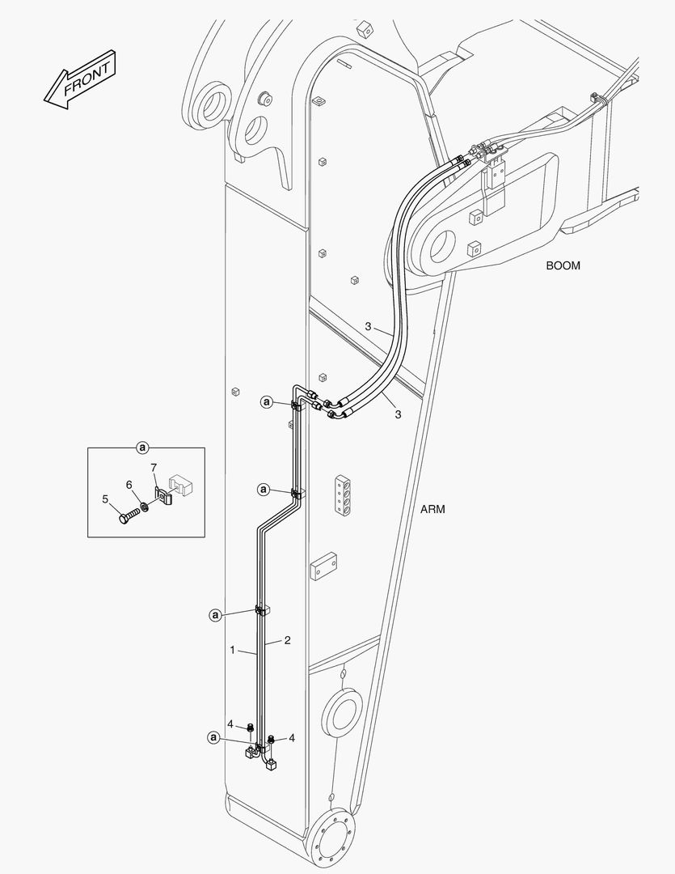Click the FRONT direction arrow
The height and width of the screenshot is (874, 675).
[80, 78]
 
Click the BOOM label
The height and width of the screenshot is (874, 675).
[563, 265]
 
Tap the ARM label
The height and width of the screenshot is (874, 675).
[432, 510]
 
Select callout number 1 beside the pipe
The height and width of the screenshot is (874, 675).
[232, 650]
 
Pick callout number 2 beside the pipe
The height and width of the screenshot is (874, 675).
[287, 640]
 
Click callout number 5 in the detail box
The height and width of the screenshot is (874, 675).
[105, 499]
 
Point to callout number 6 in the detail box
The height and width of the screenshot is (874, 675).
[129, 484]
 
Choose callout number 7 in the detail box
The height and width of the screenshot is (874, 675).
[153, 467]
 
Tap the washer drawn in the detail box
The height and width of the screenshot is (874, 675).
[144, 507]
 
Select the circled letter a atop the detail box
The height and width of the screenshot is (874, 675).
[142, 447]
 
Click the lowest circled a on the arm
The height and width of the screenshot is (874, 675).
[213, 737]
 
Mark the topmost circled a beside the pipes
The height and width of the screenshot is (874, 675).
[266, 401]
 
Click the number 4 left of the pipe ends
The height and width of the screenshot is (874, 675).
[230, 723]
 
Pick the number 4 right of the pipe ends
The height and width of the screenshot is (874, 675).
[292, 738]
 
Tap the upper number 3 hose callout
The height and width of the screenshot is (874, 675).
[367, 327]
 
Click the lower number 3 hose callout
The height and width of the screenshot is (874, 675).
[398, 414]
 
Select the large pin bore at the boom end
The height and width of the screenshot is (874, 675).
[442, 242]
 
